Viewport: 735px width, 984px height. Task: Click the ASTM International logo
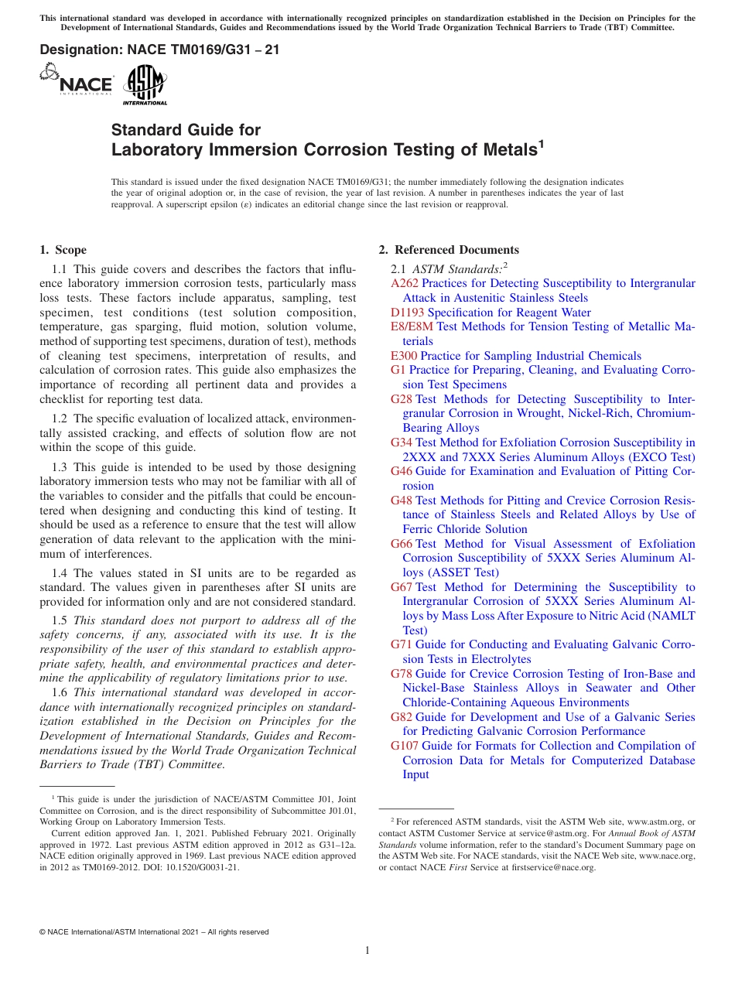click(x=145, y=84)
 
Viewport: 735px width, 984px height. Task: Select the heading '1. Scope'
click(x=63, y=250)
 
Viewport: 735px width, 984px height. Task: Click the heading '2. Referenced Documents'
click(x=449, y=250)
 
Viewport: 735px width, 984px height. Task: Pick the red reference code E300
click(x=404, y=356)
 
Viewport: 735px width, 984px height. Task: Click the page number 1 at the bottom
click(x=367, y=950)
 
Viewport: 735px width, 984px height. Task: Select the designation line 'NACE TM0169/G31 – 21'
click(x=159, y=50)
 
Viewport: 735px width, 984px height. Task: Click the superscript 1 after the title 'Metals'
click(x=542, y=143)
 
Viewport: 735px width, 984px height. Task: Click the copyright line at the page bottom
click(x=154, y=932)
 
